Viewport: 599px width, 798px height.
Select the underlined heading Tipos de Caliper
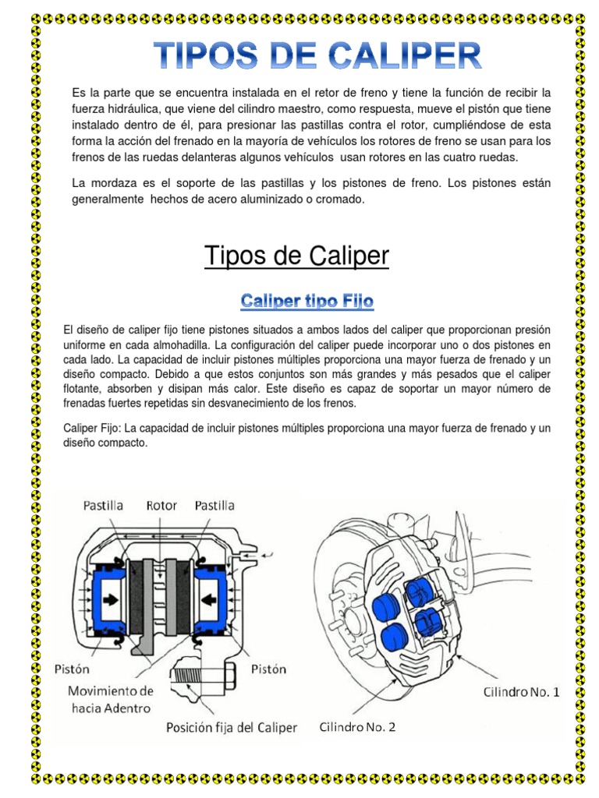(296, 256)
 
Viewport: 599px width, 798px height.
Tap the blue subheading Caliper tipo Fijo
(307, 300)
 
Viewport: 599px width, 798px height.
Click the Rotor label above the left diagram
(162, 506)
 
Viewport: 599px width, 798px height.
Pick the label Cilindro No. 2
(357, 727)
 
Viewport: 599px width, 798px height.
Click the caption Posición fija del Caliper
(232, 727)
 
